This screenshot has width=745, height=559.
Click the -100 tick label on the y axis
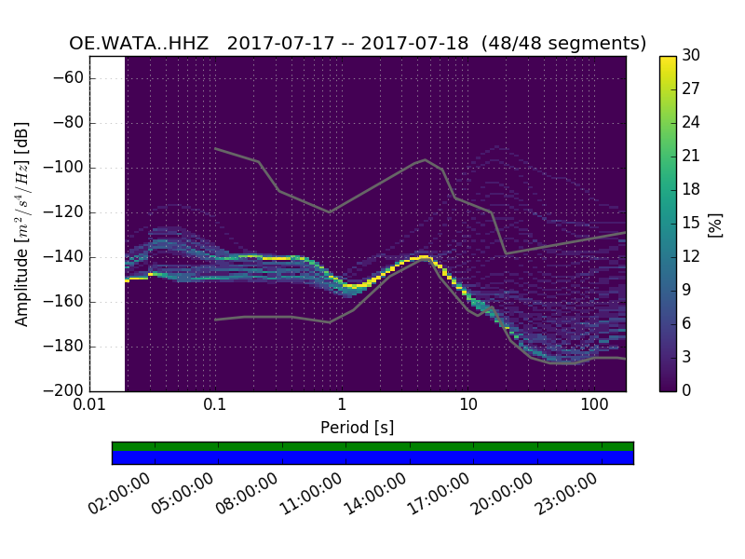click(66, 168)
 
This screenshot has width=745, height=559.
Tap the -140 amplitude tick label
click(66, 257)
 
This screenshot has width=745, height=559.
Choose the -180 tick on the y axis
click(66, 347)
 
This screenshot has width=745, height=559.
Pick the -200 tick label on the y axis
click(66, 390)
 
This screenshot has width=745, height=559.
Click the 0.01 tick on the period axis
click(89, 405)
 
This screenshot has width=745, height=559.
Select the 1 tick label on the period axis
click(342, 405)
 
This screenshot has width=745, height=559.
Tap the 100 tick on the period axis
click(594, 405)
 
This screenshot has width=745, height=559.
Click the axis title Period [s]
click(357, 428)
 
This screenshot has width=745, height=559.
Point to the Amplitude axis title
click(22, 224)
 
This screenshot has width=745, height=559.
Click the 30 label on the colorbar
click(691, 56)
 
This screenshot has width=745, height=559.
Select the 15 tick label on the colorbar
click(691, 223)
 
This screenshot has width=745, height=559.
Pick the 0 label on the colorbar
click(687, 390)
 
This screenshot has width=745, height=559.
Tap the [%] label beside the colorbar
click(715, 224)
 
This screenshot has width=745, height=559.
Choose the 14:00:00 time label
click(375, 494)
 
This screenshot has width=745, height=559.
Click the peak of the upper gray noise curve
click(426, 159)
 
